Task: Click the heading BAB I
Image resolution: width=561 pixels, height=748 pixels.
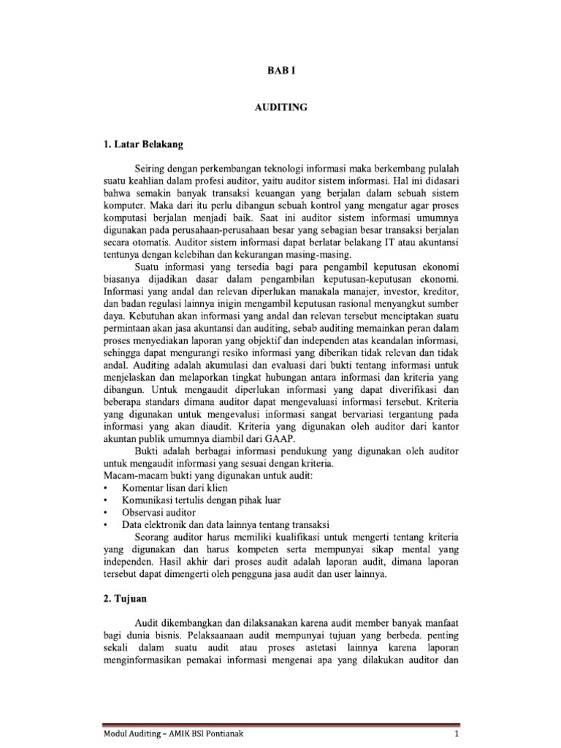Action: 280,70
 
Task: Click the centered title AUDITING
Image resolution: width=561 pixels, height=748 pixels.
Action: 280,107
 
